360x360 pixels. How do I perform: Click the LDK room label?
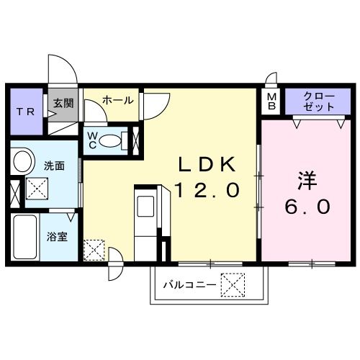(206, 164)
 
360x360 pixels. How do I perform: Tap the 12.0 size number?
(206, 190)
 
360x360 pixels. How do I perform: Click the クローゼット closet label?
(318, 101)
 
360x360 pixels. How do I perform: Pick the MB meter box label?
(272, 101)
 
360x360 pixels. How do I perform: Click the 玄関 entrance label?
(62, 103)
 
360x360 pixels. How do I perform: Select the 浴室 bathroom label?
(58, 235)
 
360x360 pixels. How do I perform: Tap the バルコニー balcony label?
(189, 284)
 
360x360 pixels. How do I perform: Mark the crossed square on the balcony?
(232, 284)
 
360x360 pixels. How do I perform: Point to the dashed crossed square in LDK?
(94, 249)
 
